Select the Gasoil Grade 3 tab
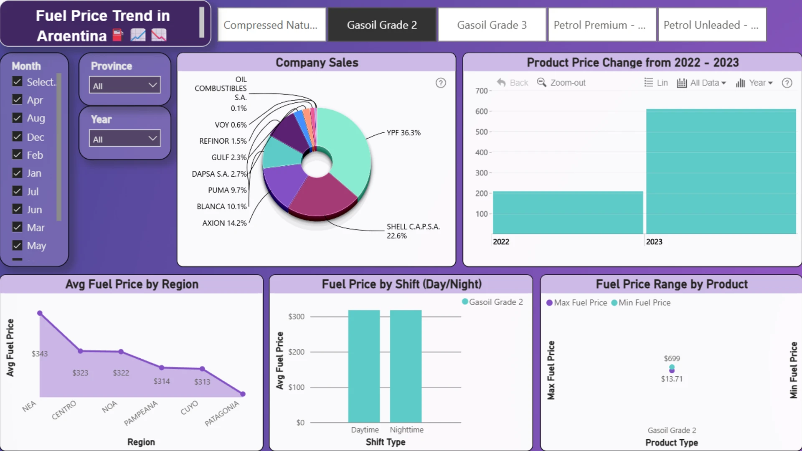coord(492,25)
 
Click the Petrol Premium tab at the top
coord(602,25)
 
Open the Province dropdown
coord(124,85)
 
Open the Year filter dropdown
coord(124,139)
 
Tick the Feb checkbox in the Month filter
coord(17,155)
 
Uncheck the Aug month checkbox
coord(17,118)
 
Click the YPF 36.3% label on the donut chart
coord(404,133)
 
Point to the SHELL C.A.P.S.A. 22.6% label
coord(413,231)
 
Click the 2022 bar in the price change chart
coord(568,213)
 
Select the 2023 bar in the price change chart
coord(721,172)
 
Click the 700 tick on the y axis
coord(481,91)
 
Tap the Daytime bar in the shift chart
coord(364,366)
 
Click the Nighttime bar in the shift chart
coord(406,366)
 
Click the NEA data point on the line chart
coord(40,313)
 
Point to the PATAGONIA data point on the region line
coord(243,394)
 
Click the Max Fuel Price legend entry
coord(576,303)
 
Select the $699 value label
coord(672,359)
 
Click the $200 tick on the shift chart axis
coord(296,352)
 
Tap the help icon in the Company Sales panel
coord(441,83)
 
